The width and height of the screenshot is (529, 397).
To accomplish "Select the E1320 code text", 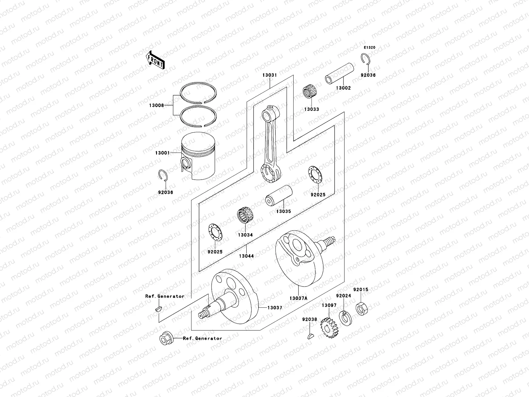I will [x=370, y=48].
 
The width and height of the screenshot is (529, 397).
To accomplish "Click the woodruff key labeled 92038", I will [x=309, y=337].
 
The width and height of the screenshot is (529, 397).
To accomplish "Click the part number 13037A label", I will [x=298, y=298].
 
